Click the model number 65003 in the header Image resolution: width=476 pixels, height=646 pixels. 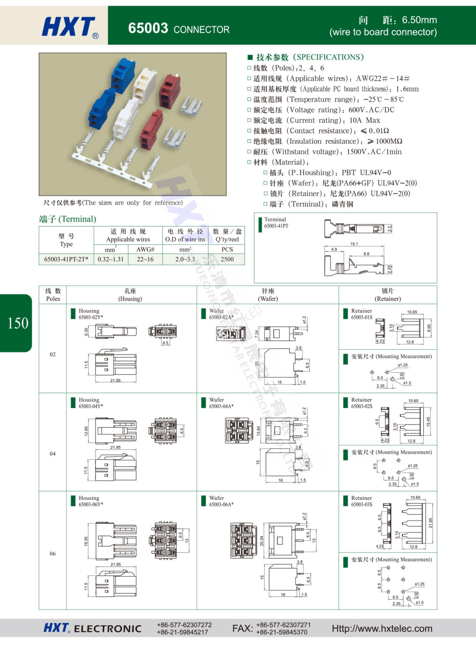[x=148, y=28]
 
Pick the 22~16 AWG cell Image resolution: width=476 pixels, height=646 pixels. [x=145, y=259]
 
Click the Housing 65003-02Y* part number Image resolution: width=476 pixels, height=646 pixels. [x=91, y=317]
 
